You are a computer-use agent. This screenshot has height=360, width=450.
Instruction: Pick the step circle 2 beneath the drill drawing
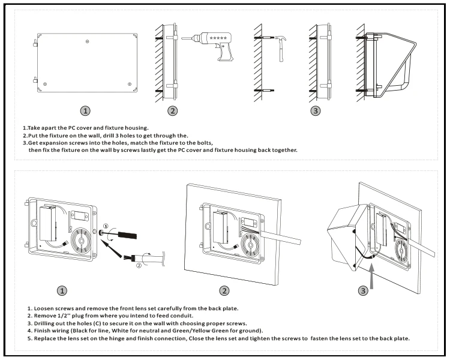172,111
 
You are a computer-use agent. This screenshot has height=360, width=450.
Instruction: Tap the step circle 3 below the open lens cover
363,291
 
